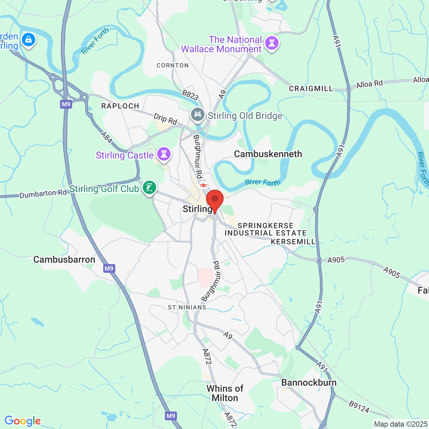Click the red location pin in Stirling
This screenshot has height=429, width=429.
click(214, 199)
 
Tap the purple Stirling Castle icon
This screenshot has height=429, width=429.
click(164, 154)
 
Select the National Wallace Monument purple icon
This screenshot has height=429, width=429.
click(272, 43)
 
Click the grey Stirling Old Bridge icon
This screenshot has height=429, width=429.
click(198, 115)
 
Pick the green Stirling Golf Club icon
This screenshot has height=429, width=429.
click(149, 187)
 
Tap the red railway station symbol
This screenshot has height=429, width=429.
click(203, 185)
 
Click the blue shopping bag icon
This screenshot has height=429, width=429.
click(28, 40)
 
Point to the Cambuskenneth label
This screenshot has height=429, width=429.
click(268, 154)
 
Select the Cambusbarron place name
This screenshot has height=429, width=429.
click(64, 259)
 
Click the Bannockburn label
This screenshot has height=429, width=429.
click(309, 382)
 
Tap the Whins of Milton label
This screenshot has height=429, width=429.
click(225, 393)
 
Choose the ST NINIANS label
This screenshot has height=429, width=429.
click(187, 307)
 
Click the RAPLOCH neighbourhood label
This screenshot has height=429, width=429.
click(120, 106)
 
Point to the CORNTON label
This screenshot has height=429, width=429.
click(173, 65)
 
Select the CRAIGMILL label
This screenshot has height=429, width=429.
click(311, 88)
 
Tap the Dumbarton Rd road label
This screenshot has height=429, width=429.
click(43, 194)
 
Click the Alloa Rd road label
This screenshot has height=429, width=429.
click(369, 84)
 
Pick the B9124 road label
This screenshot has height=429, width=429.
click(359, 407)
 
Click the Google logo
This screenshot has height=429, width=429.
click(22, 421)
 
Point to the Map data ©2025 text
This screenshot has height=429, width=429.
click(401, 424)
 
